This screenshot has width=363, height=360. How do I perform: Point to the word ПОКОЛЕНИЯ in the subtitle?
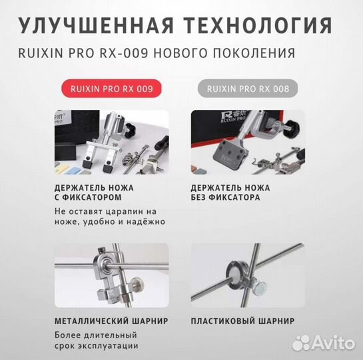click(x=259, y=52)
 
